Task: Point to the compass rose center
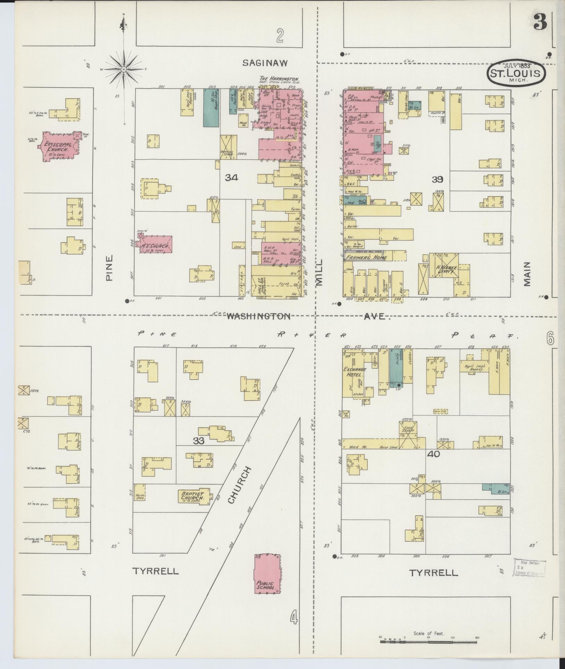tap(124, 70)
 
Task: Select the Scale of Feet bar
tap(429, 641)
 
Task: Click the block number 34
tap(231, 178)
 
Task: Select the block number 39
tap(438, 179)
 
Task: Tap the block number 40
tap(434, 454)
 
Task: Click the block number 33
tap(199, 441)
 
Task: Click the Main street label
tap(528, 274)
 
